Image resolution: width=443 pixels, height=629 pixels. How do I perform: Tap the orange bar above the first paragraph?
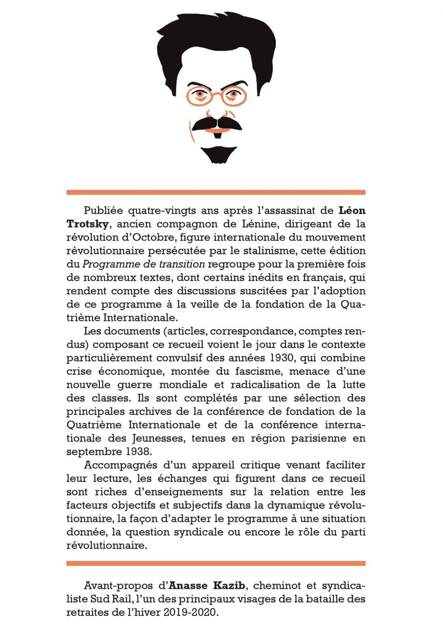(216, 192)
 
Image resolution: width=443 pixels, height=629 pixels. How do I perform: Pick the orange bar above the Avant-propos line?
(216, 563)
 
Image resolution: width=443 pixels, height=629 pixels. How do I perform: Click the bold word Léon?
(352, 210)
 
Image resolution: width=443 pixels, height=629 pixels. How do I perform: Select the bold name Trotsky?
(88, 224)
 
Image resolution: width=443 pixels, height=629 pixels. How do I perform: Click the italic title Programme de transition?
(143, 264)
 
